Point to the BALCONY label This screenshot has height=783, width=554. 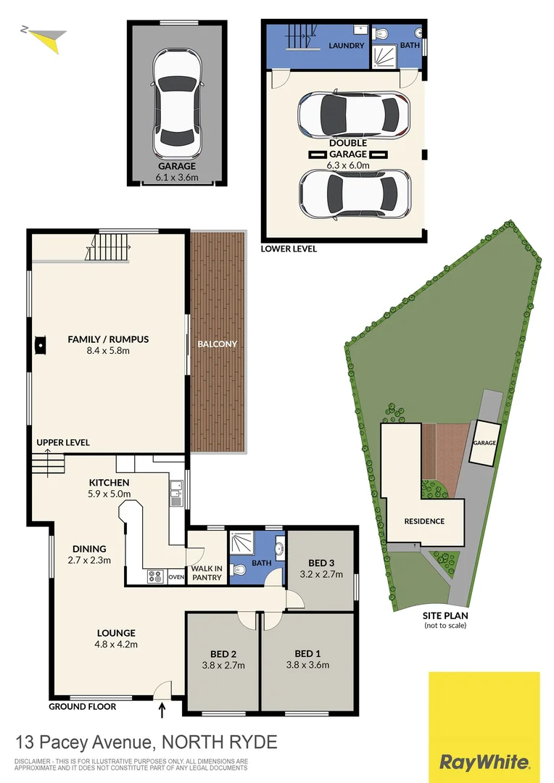[218, 344]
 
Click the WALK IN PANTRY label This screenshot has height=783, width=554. [207, 573]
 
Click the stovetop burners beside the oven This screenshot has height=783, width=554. [156, 577]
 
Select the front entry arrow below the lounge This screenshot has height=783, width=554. [162, 710]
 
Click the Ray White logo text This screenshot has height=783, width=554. [484, 762]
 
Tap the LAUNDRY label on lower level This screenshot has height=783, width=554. [347, 46]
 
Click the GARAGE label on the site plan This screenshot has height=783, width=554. [484, 443]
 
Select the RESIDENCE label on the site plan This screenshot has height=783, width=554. [425, 521]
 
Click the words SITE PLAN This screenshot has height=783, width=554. [445, 616]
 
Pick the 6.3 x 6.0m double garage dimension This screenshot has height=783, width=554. [348, 165]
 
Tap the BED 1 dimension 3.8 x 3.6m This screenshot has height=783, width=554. [307, 665]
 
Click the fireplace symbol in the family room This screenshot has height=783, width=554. [41, 346]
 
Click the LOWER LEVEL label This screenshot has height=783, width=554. [289, 249]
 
